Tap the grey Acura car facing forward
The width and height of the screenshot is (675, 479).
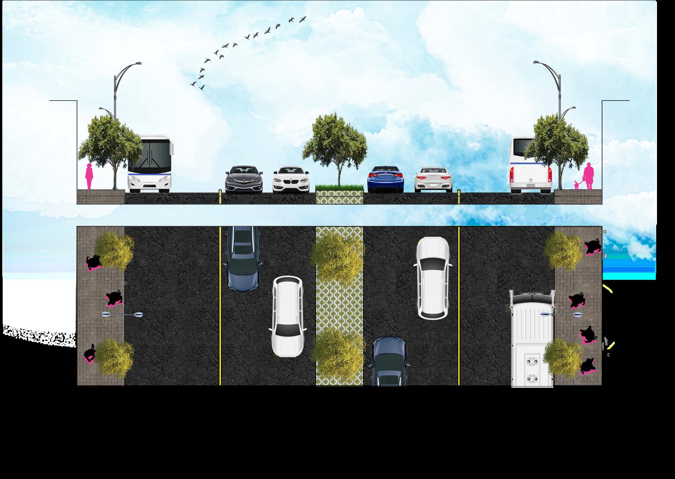pos(244,179)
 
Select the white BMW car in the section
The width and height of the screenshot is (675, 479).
pos(290,179)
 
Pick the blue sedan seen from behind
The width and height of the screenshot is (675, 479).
pos(385,179)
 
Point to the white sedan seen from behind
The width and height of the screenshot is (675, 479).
pos(434,179)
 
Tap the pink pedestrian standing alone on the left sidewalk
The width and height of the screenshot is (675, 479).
pos(89,177)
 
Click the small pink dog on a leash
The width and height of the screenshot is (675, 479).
pos(576,185)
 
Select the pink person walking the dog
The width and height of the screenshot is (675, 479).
pos(588,176)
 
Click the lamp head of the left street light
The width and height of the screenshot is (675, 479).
pos(138,63)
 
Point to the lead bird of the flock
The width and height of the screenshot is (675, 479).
pos(303,18)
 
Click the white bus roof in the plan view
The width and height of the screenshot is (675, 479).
pos(532,338)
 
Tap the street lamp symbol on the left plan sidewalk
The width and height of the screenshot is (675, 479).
pos(122,315)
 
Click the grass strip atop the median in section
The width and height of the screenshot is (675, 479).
pos(339,188)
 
